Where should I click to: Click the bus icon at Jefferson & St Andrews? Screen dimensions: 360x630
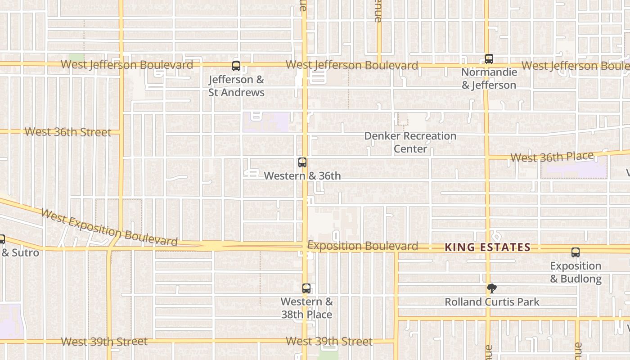point(236,66)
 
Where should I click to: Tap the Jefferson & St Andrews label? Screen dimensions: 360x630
point(236,86)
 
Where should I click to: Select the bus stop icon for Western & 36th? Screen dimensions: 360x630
point(302,162)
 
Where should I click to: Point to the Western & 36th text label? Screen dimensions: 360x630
point(302,176)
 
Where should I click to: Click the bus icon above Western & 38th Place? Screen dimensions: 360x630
point(306,288)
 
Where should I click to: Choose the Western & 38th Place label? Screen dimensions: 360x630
point(306,308)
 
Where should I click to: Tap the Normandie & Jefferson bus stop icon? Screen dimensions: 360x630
point(489,59)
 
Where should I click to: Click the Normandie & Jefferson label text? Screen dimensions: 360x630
point(489,79)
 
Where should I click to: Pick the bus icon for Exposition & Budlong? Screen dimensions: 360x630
point(576,252)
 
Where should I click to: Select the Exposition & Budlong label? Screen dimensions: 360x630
point(576,272)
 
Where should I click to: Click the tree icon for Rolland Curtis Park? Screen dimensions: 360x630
point(492,288)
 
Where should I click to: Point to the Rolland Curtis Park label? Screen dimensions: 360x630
point(492,302)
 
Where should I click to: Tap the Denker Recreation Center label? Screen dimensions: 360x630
point(410,142)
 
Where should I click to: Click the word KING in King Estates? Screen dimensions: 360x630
point(459,247)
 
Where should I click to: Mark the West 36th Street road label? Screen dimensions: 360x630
point(68,132)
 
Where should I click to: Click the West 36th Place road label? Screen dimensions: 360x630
point(552,157)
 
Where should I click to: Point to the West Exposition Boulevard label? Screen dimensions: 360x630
point(109,227)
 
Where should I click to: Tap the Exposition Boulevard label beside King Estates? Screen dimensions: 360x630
point(363,246)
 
